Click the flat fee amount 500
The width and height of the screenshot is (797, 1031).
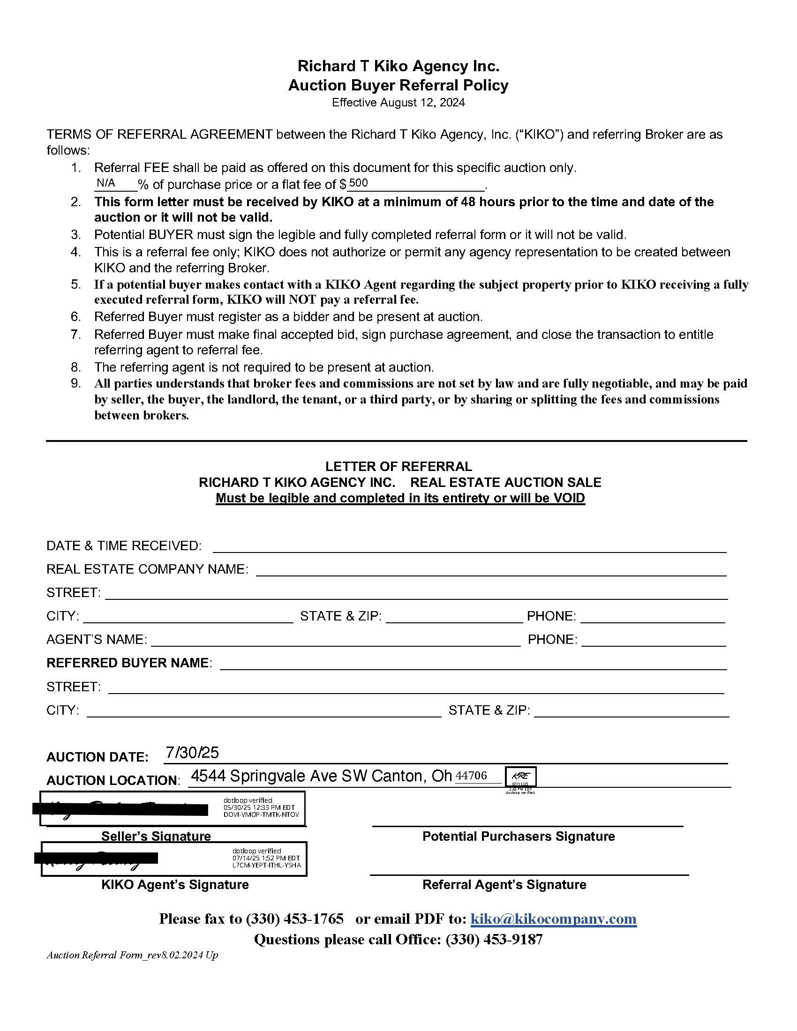[x=358, y=183]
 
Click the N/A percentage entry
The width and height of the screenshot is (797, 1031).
[x=106, y=183]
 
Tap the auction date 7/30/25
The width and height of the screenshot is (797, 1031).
[x=192, y=752]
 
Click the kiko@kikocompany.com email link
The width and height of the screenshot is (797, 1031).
[x=554, y=918]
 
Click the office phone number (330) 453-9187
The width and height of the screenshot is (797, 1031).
[x=494, y=939]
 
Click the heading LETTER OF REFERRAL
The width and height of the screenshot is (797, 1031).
[x=398, y=466]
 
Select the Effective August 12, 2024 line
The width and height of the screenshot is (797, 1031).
[x=398, y=103]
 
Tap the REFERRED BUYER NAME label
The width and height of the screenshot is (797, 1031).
[x=128, y=663]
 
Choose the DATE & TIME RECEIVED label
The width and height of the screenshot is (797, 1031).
[x=124, y=545]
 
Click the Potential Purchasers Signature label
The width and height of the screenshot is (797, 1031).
[x=519, y=836]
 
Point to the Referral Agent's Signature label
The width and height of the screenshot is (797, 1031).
[x=504, y=884]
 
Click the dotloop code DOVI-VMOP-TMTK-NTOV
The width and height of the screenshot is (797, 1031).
[x=261, y=815]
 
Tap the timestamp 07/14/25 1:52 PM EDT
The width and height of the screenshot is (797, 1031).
[x=266, y=858]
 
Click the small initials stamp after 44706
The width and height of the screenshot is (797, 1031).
[x=520, y=776]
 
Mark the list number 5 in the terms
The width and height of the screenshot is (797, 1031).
[x=76, y=284]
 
